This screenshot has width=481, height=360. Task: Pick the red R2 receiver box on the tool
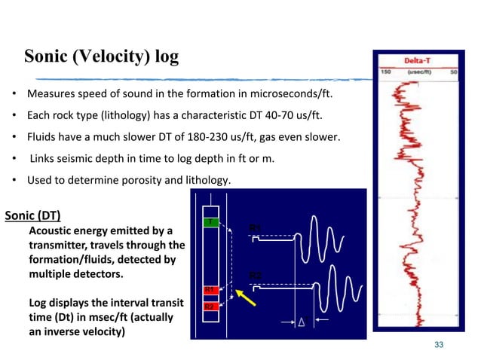pyautogui.click(x=210, y=307)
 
